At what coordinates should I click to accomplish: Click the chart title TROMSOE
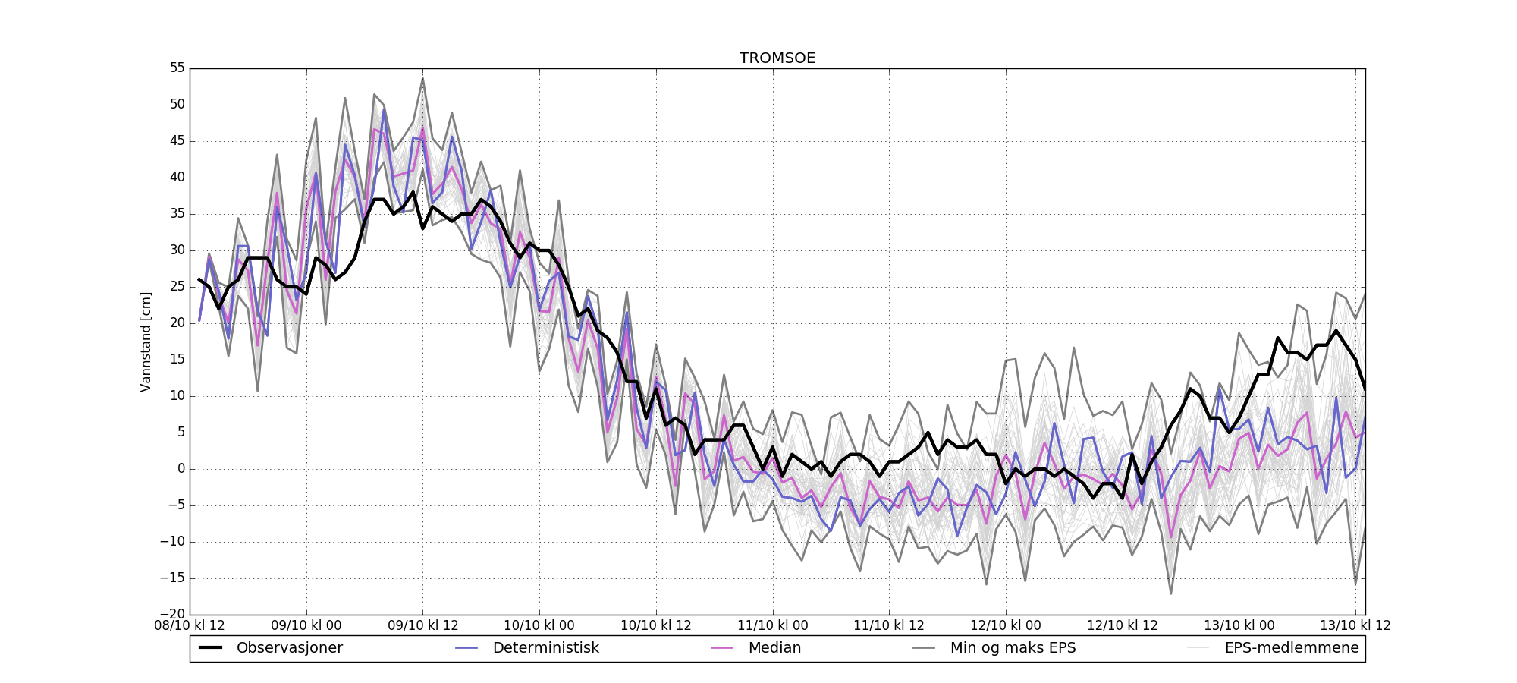[777, 58]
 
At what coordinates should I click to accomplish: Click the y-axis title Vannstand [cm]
[146, 341]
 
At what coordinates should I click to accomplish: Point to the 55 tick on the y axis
[177, 68]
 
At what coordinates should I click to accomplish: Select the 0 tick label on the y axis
[181, 469]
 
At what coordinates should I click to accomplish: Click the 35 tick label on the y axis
[177, 214]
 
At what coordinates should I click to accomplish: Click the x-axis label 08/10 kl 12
[190, 626]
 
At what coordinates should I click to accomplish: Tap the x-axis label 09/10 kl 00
[306, 626]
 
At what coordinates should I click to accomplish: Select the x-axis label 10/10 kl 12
[656, 626]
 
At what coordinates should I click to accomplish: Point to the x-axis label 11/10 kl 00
[773, 626]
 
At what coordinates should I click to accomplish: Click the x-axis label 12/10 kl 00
[1006, 626]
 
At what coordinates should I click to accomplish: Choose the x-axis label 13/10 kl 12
[1355, 626]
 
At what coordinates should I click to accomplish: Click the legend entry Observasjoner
[289, 648]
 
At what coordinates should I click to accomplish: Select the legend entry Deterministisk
[545, 648]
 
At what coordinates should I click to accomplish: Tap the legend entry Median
[774, 648]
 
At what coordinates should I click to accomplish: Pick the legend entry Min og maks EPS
[1013, 648]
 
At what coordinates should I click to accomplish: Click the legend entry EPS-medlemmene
[1292, 648]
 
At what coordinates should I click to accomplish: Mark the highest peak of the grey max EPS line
[422, 78]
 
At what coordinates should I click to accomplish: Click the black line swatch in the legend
[210, 648]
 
